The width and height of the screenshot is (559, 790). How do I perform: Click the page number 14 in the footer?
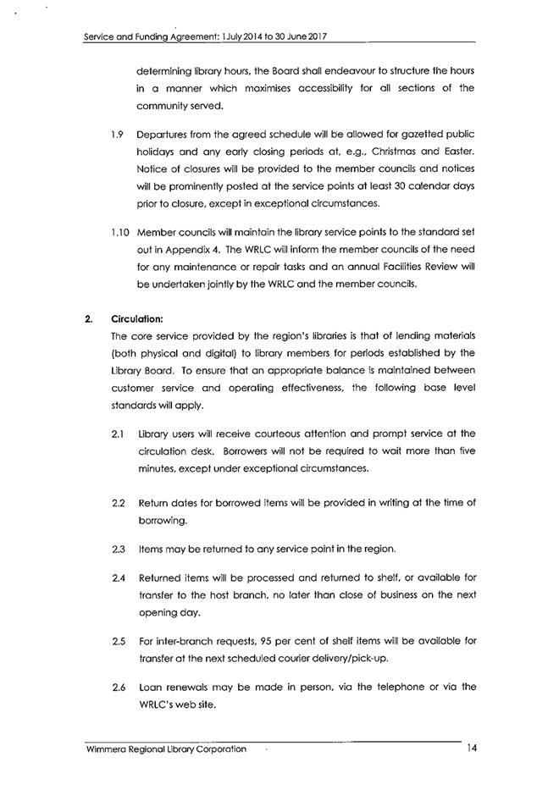(471, 749)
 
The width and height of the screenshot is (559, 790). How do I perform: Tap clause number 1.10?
(119, 232)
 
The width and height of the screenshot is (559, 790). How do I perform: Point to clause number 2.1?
(118, 434)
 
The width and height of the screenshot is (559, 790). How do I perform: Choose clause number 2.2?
(118, 502)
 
